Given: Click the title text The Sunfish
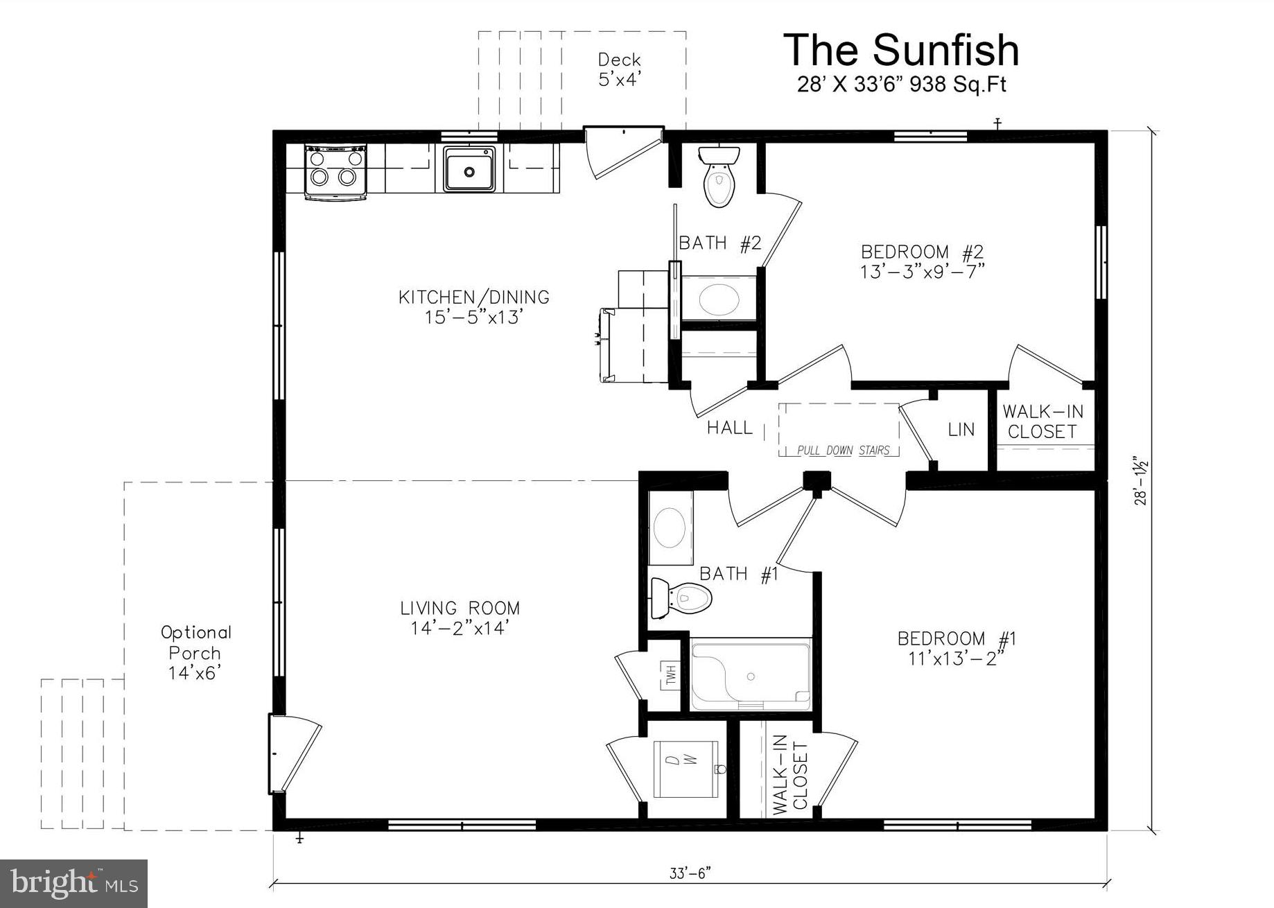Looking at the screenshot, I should coord(901,50).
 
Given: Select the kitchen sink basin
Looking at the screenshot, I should coord(469,169).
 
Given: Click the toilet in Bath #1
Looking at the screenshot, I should coord(683,597).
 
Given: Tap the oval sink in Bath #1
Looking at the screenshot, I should coord(670,528).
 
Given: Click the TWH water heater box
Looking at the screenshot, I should coord(670,675).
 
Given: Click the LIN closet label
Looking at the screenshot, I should coord(961,430).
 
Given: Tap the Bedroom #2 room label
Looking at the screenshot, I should coord(922,252).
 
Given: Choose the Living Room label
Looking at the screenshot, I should coord(460,609).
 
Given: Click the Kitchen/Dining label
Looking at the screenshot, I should coord(474,297).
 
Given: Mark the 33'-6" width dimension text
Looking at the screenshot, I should coord(690,874).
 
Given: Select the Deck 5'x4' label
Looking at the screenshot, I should coord(619,69).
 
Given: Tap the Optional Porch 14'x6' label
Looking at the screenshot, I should coord(195,652).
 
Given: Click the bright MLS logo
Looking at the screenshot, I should coord(74,883).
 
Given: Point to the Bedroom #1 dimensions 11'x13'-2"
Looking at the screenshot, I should coord(956,658).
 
